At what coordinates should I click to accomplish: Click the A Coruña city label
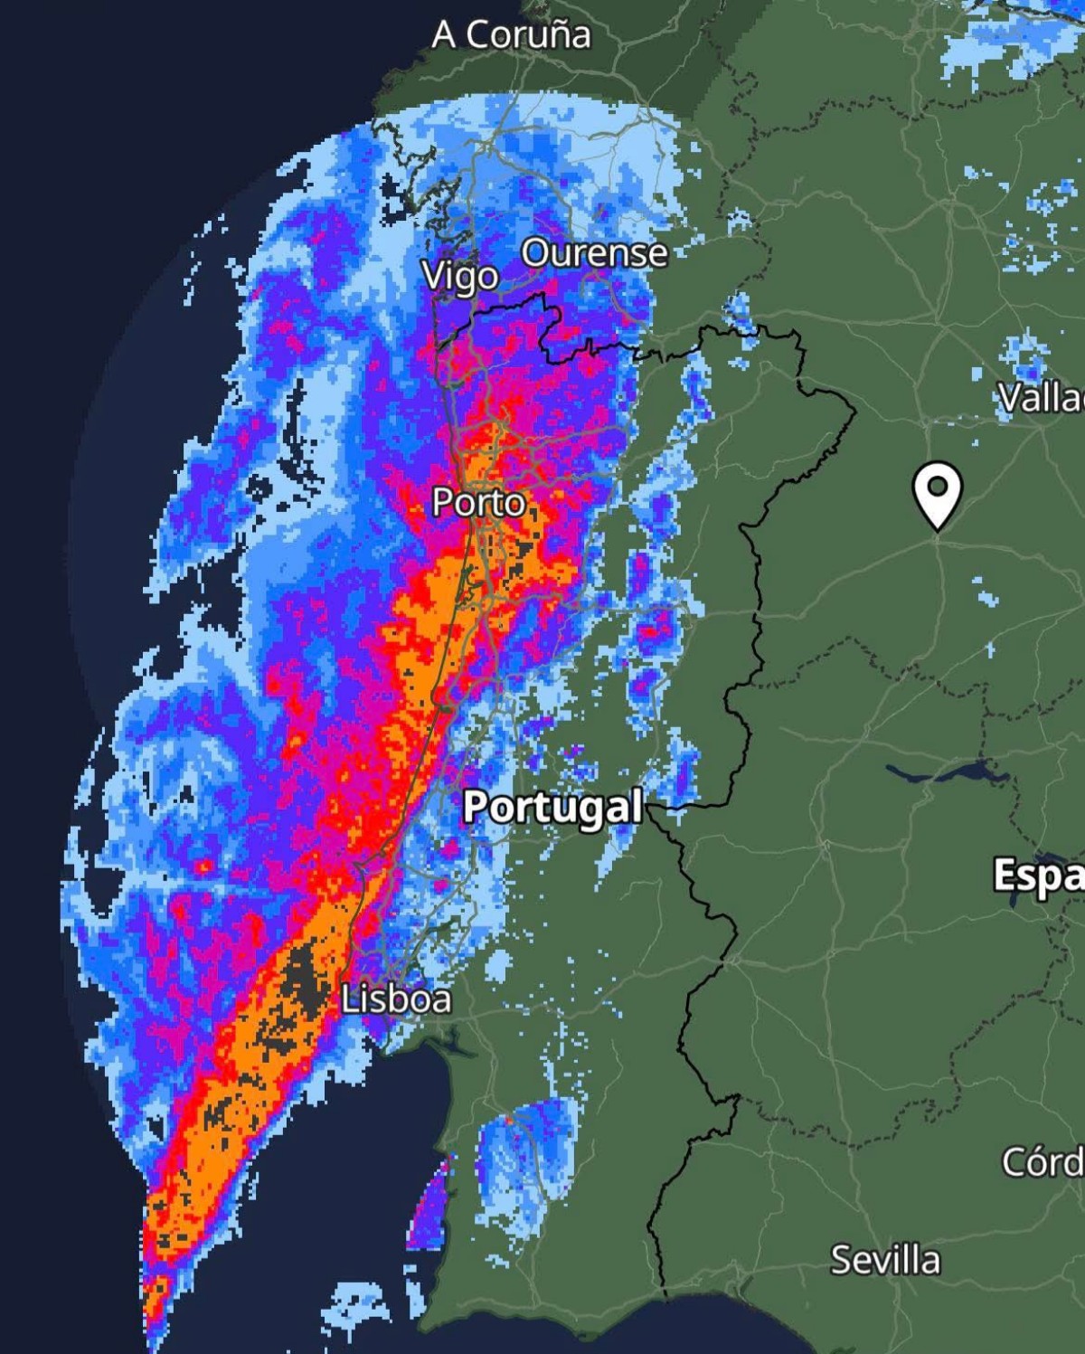click(x=511, y=34)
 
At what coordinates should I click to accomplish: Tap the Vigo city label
click(x=460, y=276)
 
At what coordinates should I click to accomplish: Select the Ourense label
click(x=594, y=253)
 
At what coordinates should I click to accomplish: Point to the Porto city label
click(x=477, y=502)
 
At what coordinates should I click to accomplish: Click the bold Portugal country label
click(x=552, y=806)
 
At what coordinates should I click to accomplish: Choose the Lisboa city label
click(x=396, y=999)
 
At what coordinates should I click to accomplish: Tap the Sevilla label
click(x=885, y=1260)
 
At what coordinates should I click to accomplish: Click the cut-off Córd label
click(x=1042, y=1161)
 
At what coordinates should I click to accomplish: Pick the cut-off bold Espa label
click(x=1038, y=875)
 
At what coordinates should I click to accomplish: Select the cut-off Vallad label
click(x=1040, y=397)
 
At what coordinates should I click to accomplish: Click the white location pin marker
click(x=938, y=490)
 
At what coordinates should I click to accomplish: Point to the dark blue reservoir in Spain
click(x=949, y=774)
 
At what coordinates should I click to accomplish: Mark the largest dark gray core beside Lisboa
click(x=303, y=981)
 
